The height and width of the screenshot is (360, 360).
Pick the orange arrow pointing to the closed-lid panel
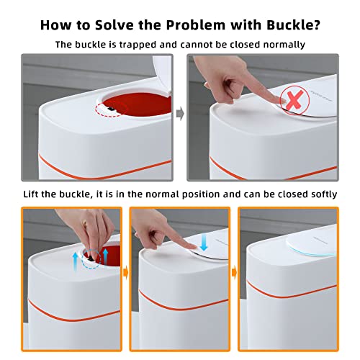(x=234, y=274)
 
